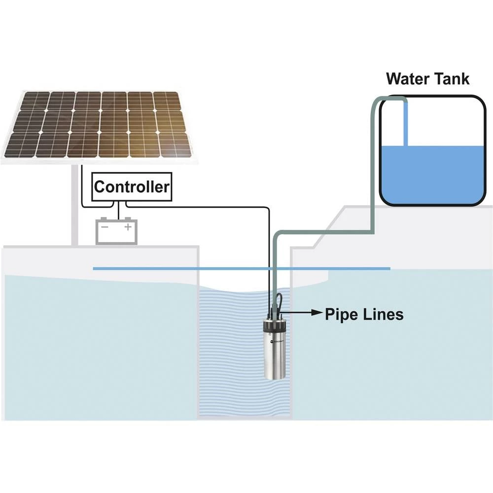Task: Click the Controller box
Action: (x=132, y=187)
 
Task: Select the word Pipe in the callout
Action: (x=341, y=314)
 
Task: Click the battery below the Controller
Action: (x=116, y=232)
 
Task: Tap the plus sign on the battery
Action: (x=128, y=227)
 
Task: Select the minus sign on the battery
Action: (x=105, y=227)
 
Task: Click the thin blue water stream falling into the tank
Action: (x=406, y=123)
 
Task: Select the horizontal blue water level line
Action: (x=148, y=269)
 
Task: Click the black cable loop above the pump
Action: (x=279, y=301)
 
